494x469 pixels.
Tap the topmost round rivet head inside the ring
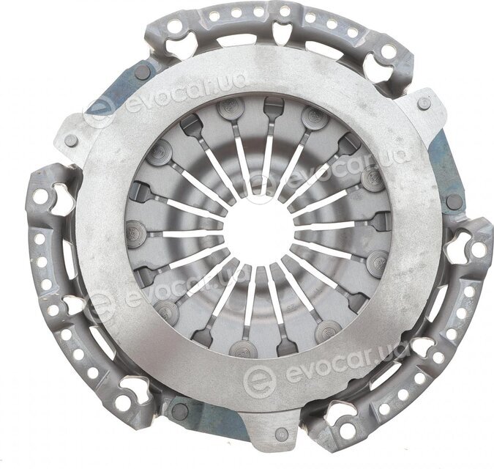point(231,108)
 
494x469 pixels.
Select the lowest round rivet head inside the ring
point(244,349)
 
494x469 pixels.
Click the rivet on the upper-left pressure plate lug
point(70,140)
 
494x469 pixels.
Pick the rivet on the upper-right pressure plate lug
point(424,103)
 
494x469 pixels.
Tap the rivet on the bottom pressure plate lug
point(282,435)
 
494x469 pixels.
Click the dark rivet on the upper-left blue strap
point(143,73)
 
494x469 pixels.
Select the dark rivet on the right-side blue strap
point(454,202)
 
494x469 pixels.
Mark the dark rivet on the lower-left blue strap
point(181,411)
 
